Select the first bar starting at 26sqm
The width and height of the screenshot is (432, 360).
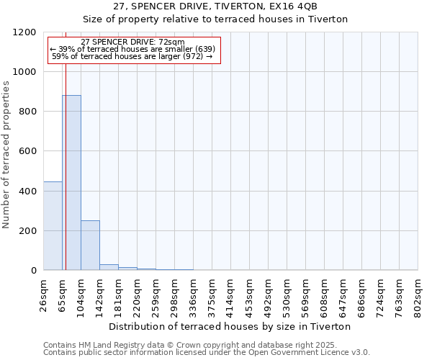(x=53, y=225)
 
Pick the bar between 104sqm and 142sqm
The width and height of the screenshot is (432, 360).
(x=90, y=245)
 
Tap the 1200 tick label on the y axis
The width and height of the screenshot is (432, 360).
(x=25, y=32)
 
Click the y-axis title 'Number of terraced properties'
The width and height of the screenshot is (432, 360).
(x=6, y=155)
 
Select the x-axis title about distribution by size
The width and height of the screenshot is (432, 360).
(x=230, y=326)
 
